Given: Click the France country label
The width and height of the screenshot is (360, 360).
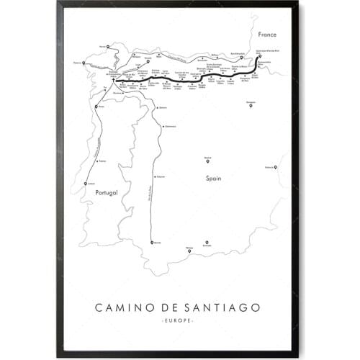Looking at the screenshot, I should pyautogui.click(x=259, y=33).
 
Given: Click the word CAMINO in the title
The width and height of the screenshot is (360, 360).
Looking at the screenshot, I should pyautogui.click(x=125, y=307).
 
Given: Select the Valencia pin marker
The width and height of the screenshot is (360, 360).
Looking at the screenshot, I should pyautogui.click(x=276, y=168).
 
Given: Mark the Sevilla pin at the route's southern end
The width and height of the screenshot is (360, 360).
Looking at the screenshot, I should pyautogui.click(x=152, y=243).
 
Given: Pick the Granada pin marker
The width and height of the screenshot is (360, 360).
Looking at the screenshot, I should pyautogui.click(x=207, y=243).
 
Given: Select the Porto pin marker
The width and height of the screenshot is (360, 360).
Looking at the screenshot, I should pyautogui.click(x=101, y=106).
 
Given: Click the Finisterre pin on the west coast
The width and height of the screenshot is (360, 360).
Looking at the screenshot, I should pyautogui.click(x=84, y=63).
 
